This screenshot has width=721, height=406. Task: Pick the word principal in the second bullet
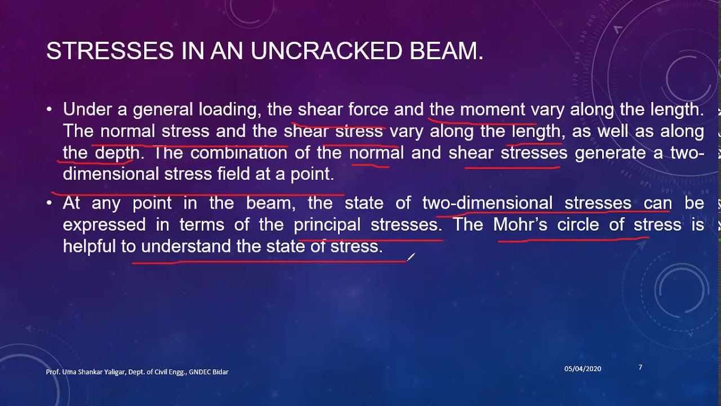(327, 224)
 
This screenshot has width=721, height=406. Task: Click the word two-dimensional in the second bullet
(487, 203)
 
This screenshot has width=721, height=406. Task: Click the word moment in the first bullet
(493, 109)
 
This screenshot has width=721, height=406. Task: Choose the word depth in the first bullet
(117, 153)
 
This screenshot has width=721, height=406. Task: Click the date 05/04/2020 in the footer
(582, 369)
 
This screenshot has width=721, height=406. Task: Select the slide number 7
(640, 368)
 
